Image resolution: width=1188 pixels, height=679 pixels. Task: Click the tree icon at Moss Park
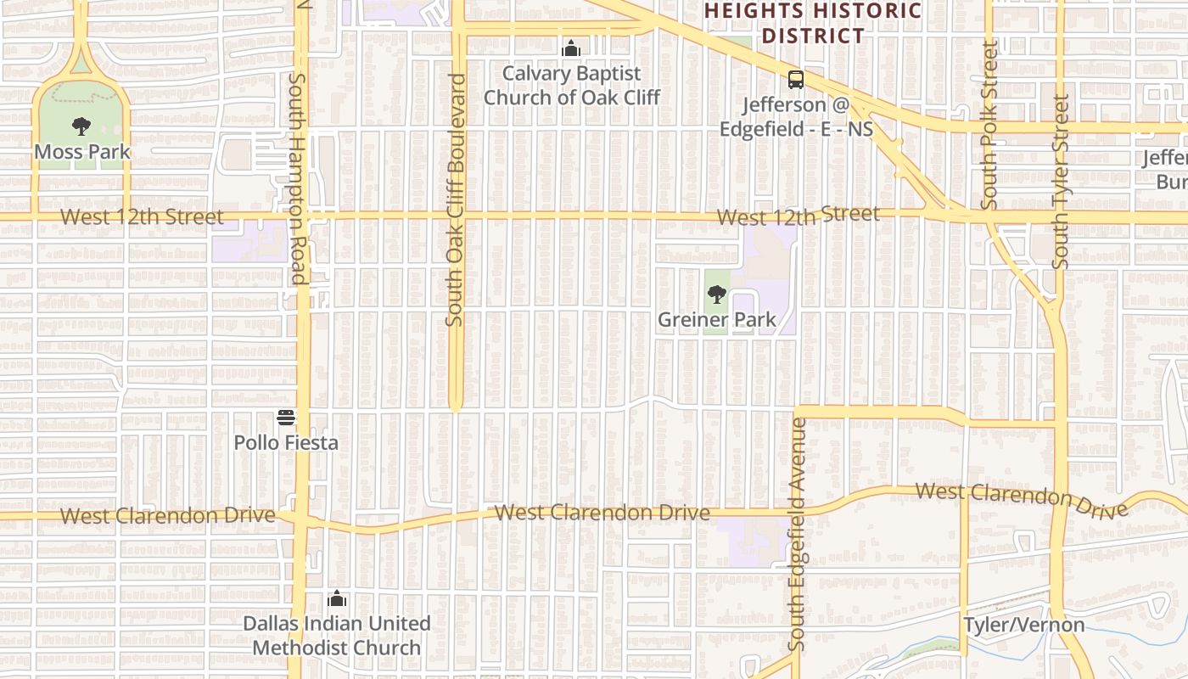[81, 127]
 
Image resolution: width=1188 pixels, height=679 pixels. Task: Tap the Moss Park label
[82, 152]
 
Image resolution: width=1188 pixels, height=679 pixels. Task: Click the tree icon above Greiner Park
[717, 295]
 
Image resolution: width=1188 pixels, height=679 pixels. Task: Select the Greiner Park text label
[717, 320]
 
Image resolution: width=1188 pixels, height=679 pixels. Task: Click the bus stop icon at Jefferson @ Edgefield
[795, 80]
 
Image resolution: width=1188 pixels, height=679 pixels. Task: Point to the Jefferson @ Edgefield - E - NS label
[796, 116]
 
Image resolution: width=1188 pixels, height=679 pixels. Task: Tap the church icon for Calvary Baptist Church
[571, 48]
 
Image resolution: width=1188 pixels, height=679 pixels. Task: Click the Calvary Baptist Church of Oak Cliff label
[572, 86]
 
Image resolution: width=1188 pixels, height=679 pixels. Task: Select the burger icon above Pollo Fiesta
[286, 417]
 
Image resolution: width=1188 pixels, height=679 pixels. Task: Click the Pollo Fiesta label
[286, 442]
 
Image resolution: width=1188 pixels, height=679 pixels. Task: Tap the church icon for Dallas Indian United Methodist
[337, 598]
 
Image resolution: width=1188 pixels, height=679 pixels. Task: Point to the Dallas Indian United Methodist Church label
[337, 635]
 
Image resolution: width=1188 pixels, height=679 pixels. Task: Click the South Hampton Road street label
[297, 178]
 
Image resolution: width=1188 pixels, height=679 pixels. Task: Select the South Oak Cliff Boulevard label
[456, 199]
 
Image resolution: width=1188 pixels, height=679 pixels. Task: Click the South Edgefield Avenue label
[797, 535]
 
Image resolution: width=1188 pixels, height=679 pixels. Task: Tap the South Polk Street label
[989, 125]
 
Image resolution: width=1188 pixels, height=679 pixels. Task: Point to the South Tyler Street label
[1060, 182]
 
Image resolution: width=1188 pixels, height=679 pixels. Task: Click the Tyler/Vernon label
[1023, 626]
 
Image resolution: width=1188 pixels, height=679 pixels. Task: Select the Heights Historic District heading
[813, 23]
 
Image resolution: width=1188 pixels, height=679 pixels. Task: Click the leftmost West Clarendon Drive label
[168, 515]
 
